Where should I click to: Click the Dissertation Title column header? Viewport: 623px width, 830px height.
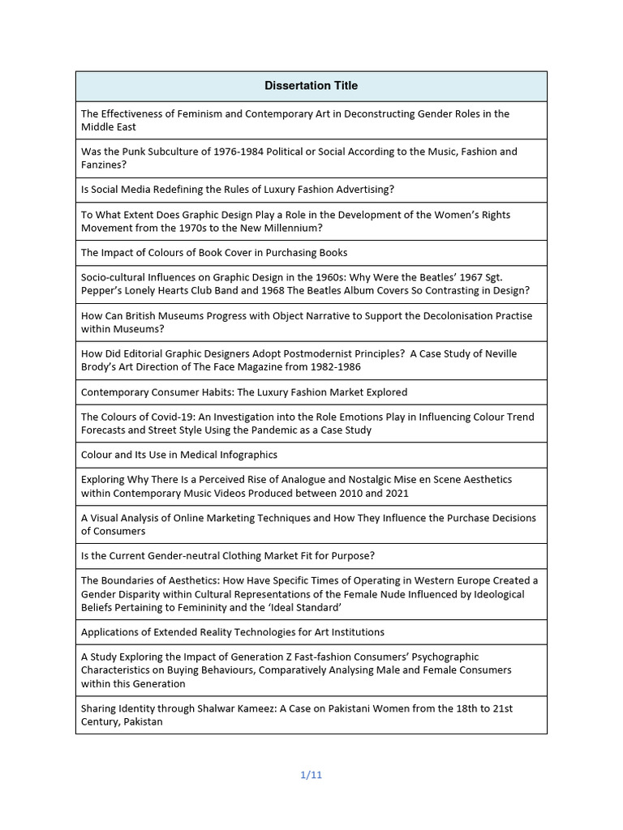(311, 86)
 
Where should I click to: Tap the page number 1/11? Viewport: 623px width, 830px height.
(311, 775)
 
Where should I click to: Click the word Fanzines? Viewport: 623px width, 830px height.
(104, 165)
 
